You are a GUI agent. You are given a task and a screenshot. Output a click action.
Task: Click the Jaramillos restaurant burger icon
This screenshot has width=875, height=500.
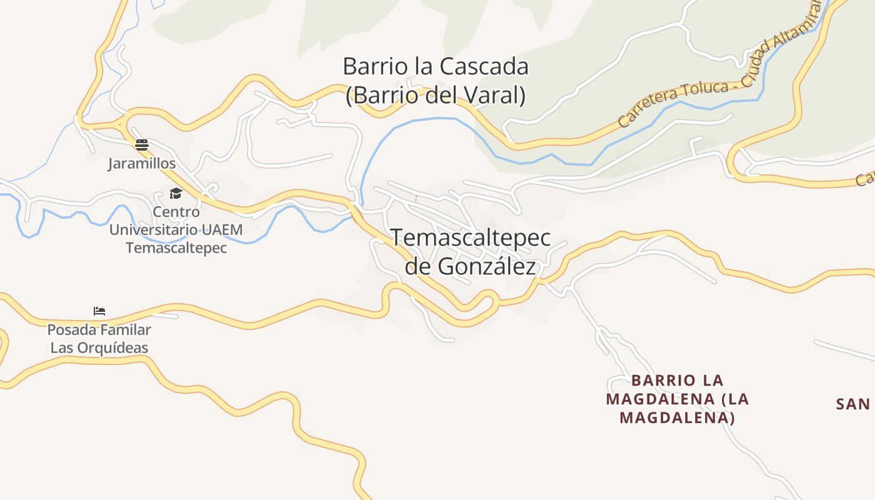click(142, 146)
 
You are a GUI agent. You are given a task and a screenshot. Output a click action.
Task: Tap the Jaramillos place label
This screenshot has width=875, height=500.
click(142, 164)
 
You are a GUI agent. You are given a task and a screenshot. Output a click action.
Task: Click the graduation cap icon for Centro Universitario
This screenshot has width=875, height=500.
click(176, 194)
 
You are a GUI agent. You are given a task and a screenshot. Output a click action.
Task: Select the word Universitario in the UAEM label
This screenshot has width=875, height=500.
click(154, 229)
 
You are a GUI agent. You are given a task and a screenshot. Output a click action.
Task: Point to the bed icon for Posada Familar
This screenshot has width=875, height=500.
click(99, 311)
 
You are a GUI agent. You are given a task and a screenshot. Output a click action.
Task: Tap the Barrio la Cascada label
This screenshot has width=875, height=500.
click(436, 66)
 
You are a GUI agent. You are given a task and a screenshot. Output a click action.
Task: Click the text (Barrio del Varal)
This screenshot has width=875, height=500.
click(436, 96)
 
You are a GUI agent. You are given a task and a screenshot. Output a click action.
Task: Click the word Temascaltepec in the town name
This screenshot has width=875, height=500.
click(471, 238)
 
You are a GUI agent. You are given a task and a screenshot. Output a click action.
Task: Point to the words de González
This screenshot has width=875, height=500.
click(471, 267)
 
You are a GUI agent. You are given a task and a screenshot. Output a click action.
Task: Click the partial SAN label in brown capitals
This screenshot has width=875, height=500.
click(853, 404)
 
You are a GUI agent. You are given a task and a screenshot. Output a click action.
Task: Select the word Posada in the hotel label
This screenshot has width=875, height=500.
click(69, 329)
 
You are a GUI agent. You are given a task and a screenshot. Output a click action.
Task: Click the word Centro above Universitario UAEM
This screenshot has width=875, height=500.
click(176, 212)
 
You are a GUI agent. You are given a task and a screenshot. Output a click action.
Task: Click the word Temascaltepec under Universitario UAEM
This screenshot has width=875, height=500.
click(176, 247)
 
